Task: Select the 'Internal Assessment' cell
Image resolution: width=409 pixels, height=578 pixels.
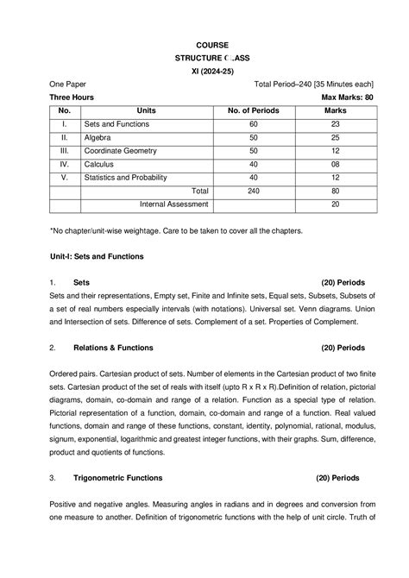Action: tap(173, 204)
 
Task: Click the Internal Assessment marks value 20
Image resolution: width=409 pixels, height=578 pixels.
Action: tap(334, 204)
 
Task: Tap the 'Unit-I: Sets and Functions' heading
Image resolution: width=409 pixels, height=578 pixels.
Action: tap(97, 257)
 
